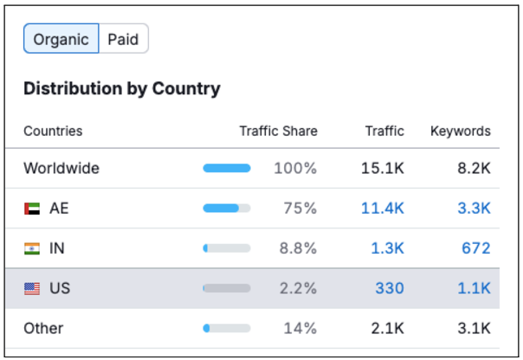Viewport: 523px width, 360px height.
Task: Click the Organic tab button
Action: pos(61,40)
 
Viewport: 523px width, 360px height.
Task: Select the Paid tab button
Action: pos(123,40)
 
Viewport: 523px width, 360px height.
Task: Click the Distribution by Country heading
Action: pos(122,88)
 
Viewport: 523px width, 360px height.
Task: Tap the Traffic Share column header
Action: pos(278,132)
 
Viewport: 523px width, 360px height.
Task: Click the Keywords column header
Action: pos(460,132)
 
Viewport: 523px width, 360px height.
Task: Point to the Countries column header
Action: pos(53,132)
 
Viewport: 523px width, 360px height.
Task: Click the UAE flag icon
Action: pos(32,209)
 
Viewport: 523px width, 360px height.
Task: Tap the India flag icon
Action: pos(32,249)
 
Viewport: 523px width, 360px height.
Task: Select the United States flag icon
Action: pos(32,289)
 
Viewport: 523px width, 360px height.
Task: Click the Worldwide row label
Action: pos(61,169)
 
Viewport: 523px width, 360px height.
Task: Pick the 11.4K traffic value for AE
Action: pos(383,209)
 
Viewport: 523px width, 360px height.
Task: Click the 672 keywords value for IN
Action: pos(475,249)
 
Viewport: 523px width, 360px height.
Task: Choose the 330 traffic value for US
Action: pos(389,289)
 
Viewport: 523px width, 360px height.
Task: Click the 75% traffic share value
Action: pos(300,209)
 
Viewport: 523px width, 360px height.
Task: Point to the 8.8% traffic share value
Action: pos(296,249)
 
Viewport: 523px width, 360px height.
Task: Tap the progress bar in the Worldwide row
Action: pos(227,169)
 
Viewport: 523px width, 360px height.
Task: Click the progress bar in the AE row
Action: pos(227,209)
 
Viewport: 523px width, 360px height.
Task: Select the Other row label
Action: pos(43,329)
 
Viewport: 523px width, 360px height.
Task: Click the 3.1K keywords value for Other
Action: pos(474,329)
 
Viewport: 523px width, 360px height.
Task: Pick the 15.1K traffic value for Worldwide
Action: pos(382,169)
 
